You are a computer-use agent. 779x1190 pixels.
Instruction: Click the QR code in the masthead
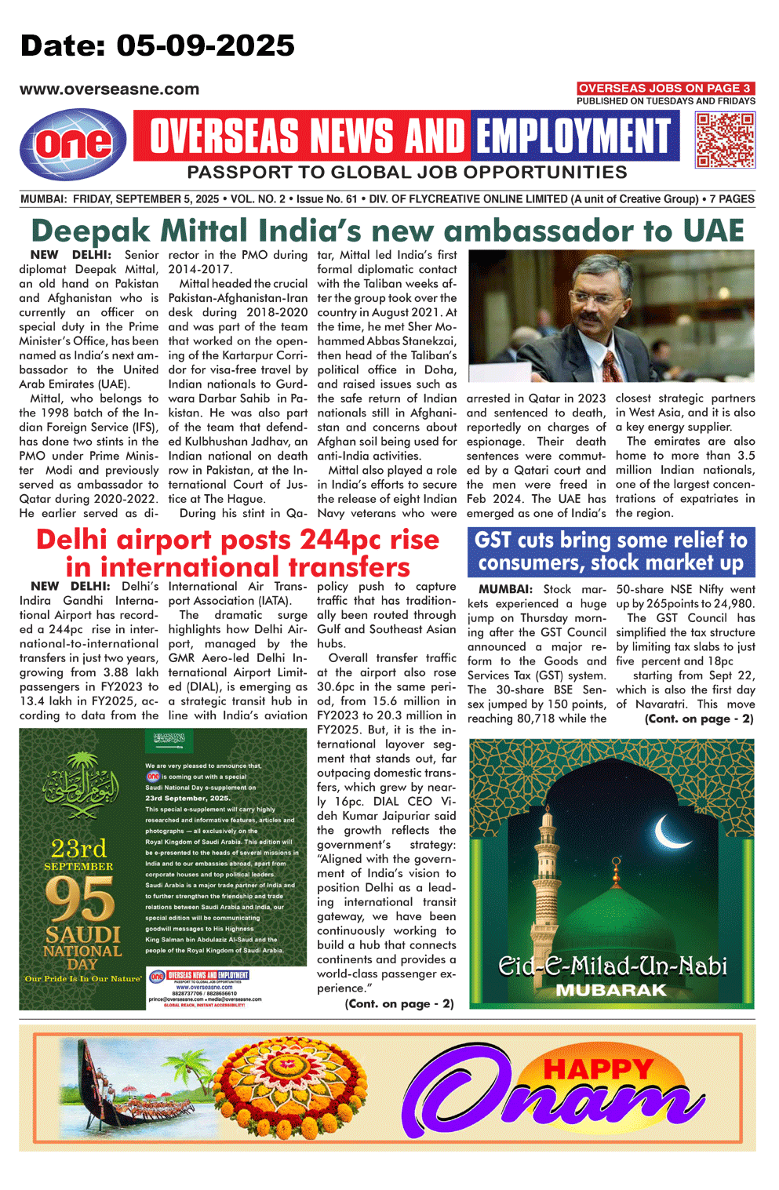(726, 140)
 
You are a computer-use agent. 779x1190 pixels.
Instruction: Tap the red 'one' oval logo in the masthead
(73, 144)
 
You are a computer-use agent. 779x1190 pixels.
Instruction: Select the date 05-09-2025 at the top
(206, 45)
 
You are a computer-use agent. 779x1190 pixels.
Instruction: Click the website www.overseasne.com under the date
(109, 89)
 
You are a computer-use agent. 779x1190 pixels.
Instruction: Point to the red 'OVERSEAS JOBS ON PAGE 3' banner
(665, 88)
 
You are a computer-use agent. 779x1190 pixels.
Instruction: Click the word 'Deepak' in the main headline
(90, 231)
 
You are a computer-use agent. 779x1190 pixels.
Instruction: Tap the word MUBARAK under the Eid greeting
(611, 990)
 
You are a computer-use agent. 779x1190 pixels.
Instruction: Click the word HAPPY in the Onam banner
(598, 1068)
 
